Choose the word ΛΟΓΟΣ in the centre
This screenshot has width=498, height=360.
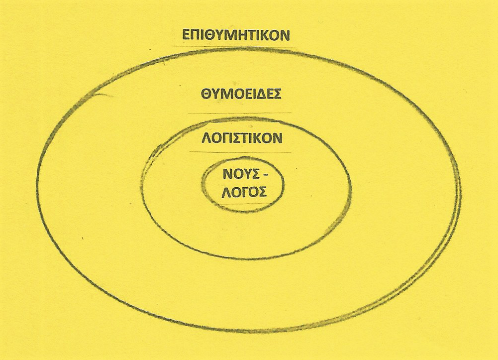pyautogui.click(x=243, y=192)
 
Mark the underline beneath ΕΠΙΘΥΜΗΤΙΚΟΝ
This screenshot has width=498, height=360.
pyautogui.click(x=234, y=47)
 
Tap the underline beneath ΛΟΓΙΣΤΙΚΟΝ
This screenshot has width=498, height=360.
pyautogui.click(x=239, y=151)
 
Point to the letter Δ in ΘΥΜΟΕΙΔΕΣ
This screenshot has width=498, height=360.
pyautogui.click(x=262, y=94)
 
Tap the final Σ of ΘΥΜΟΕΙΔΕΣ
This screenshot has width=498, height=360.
pyautogui.click(x=277, y=94)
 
